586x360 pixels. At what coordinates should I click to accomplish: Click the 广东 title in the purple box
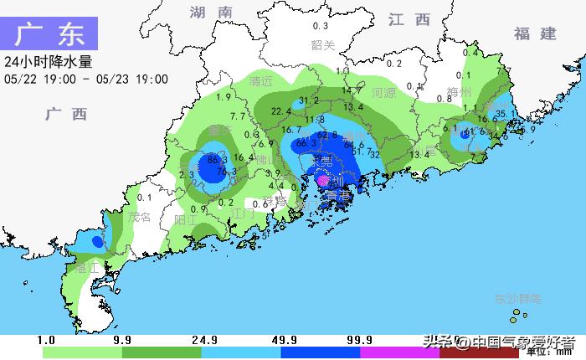(x=49, y=35)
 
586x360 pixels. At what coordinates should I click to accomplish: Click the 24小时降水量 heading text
(x=48, y=62)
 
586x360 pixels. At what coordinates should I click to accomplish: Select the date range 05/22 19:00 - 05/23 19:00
(x=86, y=80)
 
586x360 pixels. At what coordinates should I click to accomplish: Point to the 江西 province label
(x=409, y=19)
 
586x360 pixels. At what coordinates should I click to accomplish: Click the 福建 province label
(x=536, y=33)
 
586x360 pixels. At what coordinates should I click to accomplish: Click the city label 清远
(x=262, y=82)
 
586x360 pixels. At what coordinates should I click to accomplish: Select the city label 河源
(x=383, y=92)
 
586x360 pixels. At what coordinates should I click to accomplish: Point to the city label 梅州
(x=460, y=92)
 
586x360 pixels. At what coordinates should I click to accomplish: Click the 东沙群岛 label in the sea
(x=518, y=299)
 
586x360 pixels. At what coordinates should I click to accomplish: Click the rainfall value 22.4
(x=281, y=111)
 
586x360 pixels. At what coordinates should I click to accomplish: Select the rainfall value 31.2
(x=310, y=100)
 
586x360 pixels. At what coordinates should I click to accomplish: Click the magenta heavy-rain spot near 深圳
(x=322, y=178)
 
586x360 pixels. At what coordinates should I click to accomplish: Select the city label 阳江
(x=186, y=219)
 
